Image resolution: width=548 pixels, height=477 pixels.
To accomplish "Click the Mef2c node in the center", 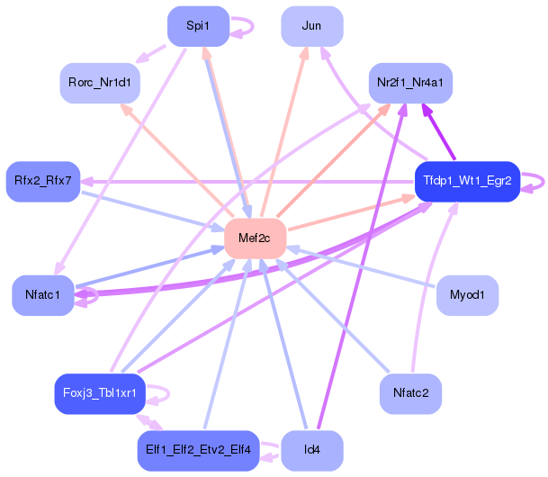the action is pyautogui.click(x=256, y=238).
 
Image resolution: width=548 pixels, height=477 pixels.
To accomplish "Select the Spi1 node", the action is pyautogui.click(x=198, y=26).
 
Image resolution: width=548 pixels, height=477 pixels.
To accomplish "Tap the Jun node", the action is pyautogui.click(x=312, y=26).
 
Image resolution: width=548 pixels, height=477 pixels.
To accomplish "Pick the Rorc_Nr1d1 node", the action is pyautogui.click(x=100, y=83).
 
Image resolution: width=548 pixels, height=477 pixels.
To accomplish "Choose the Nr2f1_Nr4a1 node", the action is pyautogui.click(x=410, y=83).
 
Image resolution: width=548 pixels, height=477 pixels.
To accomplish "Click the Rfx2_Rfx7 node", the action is pyautogui.click(x=43, y=182).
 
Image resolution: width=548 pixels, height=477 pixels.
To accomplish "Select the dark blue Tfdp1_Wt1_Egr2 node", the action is pyautogui.click(x=467, y=182).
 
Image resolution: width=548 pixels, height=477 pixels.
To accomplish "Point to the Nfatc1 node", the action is pyautogui.click(x=43, y=295).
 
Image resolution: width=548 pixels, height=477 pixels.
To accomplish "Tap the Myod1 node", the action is pyautogui.click(x=467, y=295).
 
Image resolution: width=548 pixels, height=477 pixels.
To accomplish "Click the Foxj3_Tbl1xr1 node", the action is pyautogui.click(x=100, y=394).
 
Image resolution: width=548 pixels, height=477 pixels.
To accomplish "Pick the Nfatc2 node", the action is pyautogui.click(x=410, y=394).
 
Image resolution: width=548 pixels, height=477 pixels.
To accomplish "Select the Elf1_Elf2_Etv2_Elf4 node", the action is pyautogui.click(x=198, y=451).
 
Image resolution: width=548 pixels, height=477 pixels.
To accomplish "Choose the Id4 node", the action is pyautogui.click(x=312, y=451).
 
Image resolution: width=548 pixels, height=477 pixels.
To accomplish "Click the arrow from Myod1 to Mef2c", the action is pyautogui.click(x=361, y=267).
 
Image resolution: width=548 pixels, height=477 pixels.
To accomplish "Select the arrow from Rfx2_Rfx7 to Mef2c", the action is pyautogui.click(x=153, y=211).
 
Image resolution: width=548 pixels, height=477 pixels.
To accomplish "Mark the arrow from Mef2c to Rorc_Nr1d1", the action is pyautogui.click(x=177, y=160).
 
